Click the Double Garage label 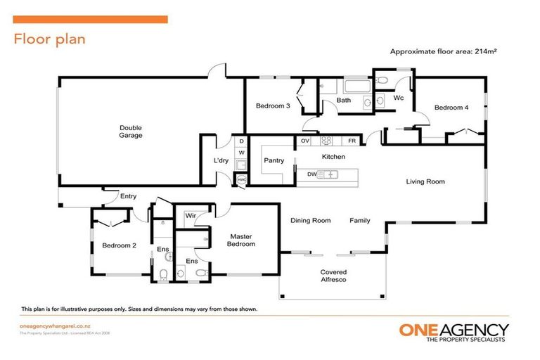tap(130, 131)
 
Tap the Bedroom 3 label tap(273, 106)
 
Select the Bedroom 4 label tap(451, 108)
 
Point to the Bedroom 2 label tap(119, 245)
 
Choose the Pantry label tap(274, 160)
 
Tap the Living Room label tap(425, 181)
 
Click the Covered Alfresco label tap(333, 276)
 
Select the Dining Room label tap(311, 221)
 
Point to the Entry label tap(128, 196)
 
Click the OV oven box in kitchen tap(305, 141)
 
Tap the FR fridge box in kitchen tap(352, 141)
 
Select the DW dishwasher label tap(311, 174)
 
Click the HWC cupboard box tap(241, 180)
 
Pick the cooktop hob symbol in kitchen tap(326, 140)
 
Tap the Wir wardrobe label tap(189, 217)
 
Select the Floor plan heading tap(49, 39)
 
